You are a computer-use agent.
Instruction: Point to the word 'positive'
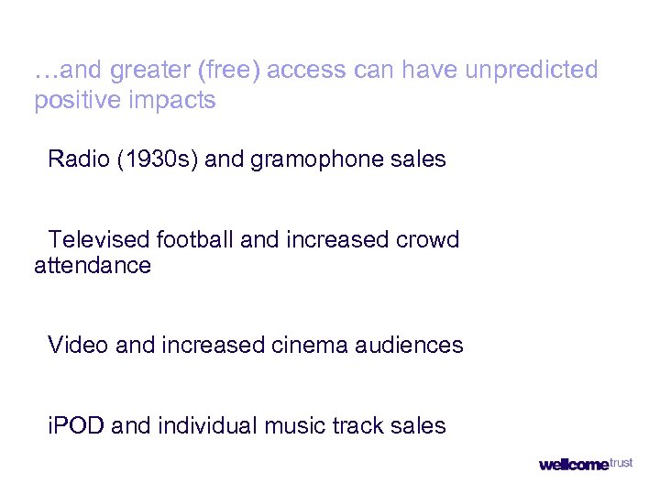[x=78, y=101]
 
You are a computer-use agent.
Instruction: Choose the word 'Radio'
[x=78, y=159]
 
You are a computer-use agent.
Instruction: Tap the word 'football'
[x=195, y=240]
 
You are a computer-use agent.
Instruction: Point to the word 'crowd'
[x=428, y=240]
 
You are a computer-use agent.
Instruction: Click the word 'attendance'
[x=93, y=266]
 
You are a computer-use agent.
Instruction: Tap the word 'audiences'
[x=411, y=346]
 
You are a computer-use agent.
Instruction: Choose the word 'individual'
[x=207, y=426]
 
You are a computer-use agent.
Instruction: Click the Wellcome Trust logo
[x=585, y=464]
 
